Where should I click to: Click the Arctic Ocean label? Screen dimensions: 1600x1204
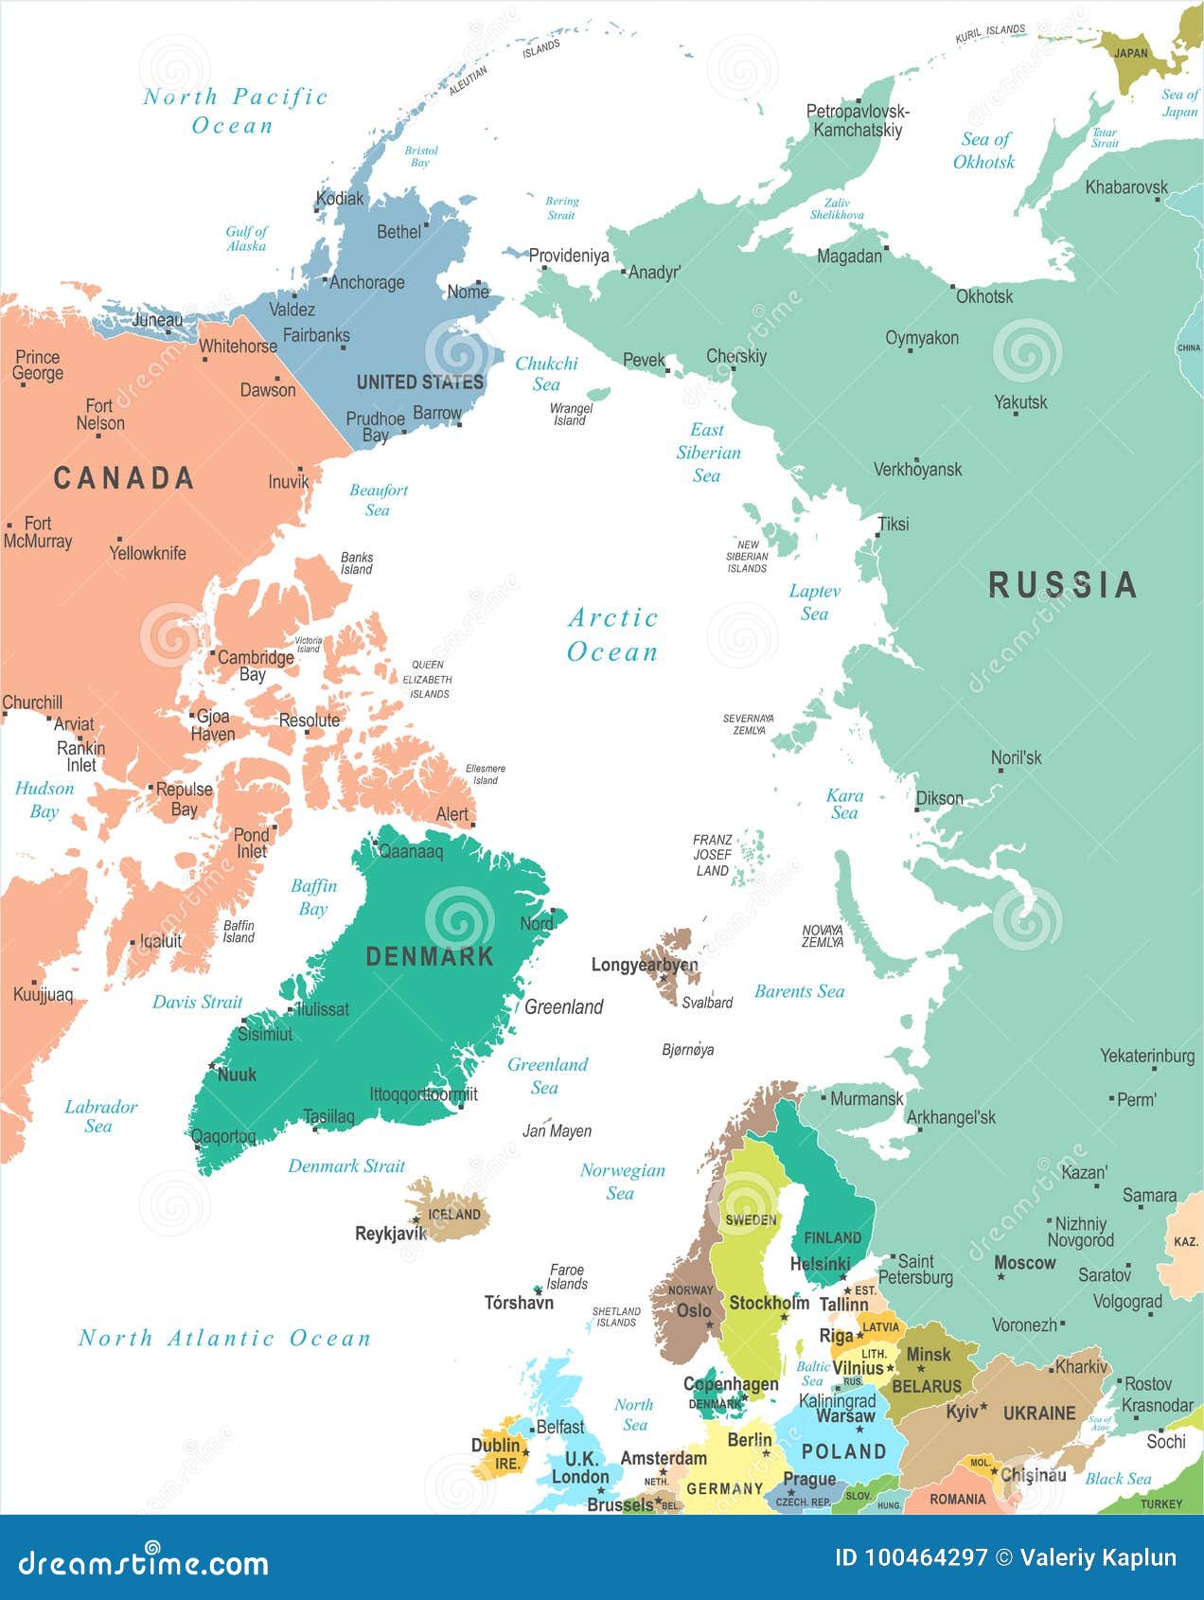612,634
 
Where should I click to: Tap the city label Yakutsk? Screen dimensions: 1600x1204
1020,401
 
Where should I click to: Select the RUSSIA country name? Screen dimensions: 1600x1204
1062,584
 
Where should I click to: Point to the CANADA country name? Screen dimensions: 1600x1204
124,477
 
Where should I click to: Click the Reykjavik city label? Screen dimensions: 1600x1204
391,1234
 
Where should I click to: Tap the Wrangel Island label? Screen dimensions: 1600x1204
571,415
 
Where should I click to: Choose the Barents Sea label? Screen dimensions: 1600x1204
799,991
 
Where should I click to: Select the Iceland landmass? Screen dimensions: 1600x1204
452,1212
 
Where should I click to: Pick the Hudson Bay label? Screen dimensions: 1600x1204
44,799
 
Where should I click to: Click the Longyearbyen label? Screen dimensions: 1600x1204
644,965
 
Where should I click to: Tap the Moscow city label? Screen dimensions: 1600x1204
1024,1262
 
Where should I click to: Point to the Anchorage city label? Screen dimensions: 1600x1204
366,282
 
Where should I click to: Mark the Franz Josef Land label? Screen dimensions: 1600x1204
712,855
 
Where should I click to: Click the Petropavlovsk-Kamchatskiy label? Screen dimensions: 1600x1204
858,120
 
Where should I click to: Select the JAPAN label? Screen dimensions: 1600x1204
1130,53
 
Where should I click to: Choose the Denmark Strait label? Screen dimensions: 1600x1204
346,1165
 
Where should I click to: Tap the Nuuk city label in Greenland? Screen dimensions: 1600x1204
237,1075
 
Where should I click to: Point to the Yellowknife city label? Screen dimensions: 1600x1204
148,553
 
